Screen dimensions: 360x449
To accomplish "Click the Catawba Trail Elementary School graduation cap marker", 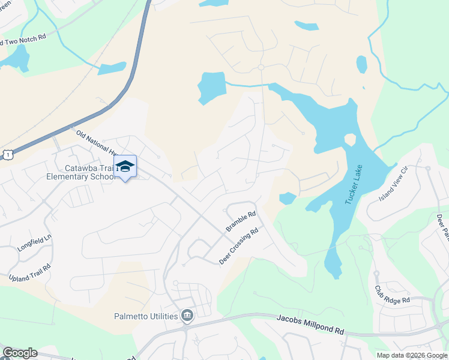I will (125, 166).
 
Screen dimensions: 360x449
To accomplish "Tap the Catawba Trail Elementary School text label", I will (80, 173).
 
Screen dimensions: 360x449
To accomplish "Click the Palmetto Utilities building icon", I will (187, 316).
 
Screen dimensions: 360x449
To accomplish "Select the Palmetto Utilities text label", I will (146, 316).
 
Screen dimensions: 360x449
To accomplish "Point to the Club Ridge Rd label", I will (392, 294).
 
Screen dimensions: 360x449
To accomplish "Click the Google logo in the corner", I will (20, 353).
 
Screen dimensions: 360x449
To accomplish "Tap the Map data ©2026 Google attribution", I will (411, 355).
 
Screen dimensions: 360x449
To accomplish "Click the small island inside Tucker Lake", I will (349, 140).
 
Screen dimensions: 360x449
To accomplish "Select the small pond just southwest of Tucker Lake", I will (287, 198).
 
